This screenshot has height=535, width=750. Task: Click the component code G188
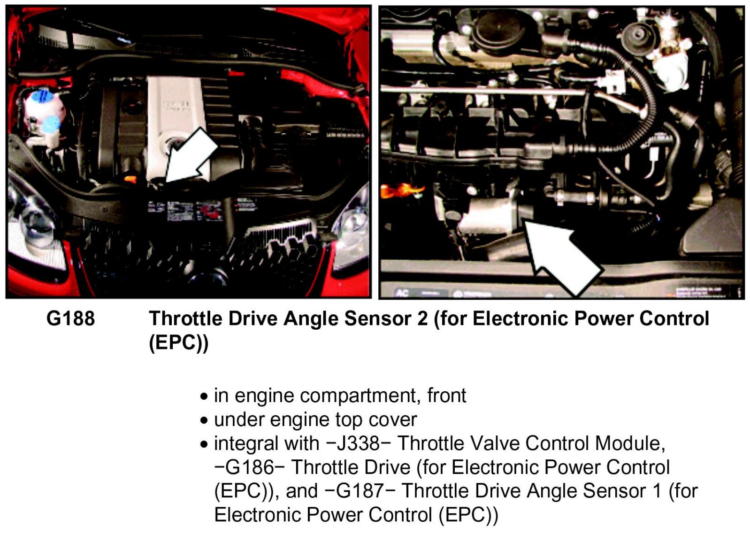pyautogui.click(x=71, y=318)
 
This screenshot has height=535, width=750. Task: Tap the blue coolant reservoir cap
pyautogui.click(x=43, y=96)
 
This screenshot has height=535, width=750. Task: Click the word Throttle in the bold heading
pyautogui.click(x=185, y=318)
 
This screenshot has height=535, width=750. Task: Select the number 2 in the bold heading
pyautogui.click(x=422, y=318)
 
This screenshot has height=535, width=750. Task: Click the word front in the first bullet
pyautogui.click(x=447, y=395)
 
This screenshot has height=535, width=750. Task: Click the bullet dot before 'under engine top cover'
pyautogui.click(x=204, y=420)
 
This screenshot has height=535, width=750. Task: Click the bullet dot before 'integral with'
pyautogui.click(x=204, y=444)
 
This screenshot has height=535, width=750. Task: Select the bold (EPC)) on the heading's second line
pyautogui.click(x=179, y=343)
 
